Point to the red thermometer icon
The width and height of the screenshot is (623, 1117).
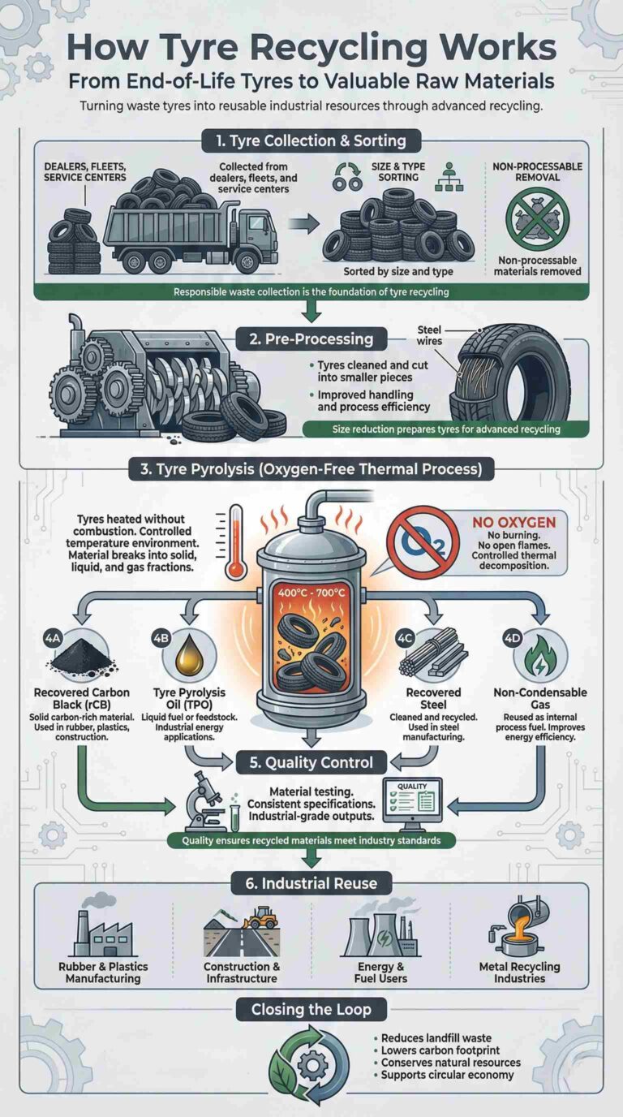[236, 540]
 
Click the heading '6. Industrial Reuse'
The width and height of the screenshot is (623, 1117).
[311, 882]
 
